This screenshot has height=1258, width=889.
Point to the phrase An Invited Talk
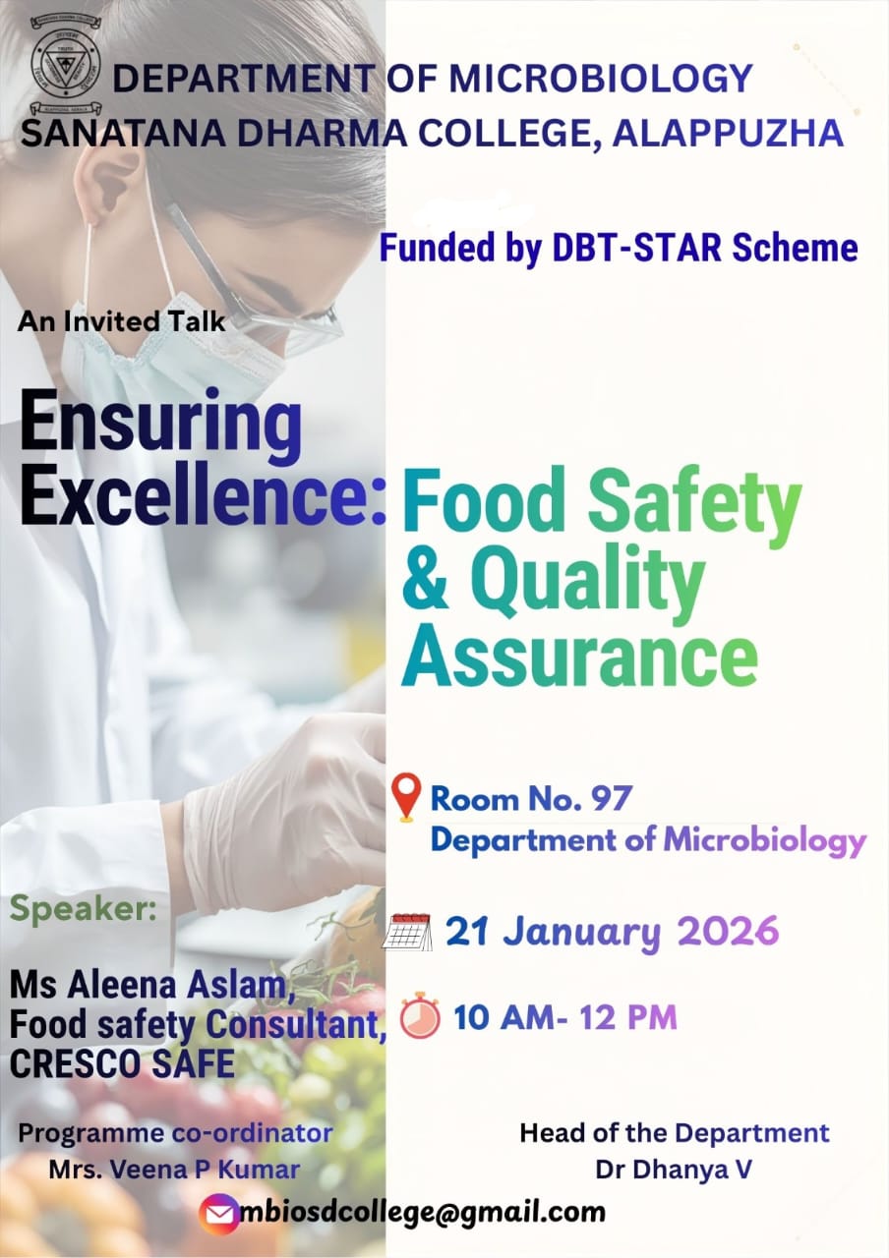[x=121, y=321]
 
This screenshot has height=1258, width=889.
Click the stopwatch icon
[x=420, y=1016]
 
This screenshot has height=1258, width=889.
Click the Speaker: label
[x=84, y=908]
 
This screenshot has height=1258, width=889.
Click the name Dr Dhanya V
[x=674, y=1170]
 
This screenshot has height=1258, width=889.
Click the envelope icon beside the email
[x=218, y=1213]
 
